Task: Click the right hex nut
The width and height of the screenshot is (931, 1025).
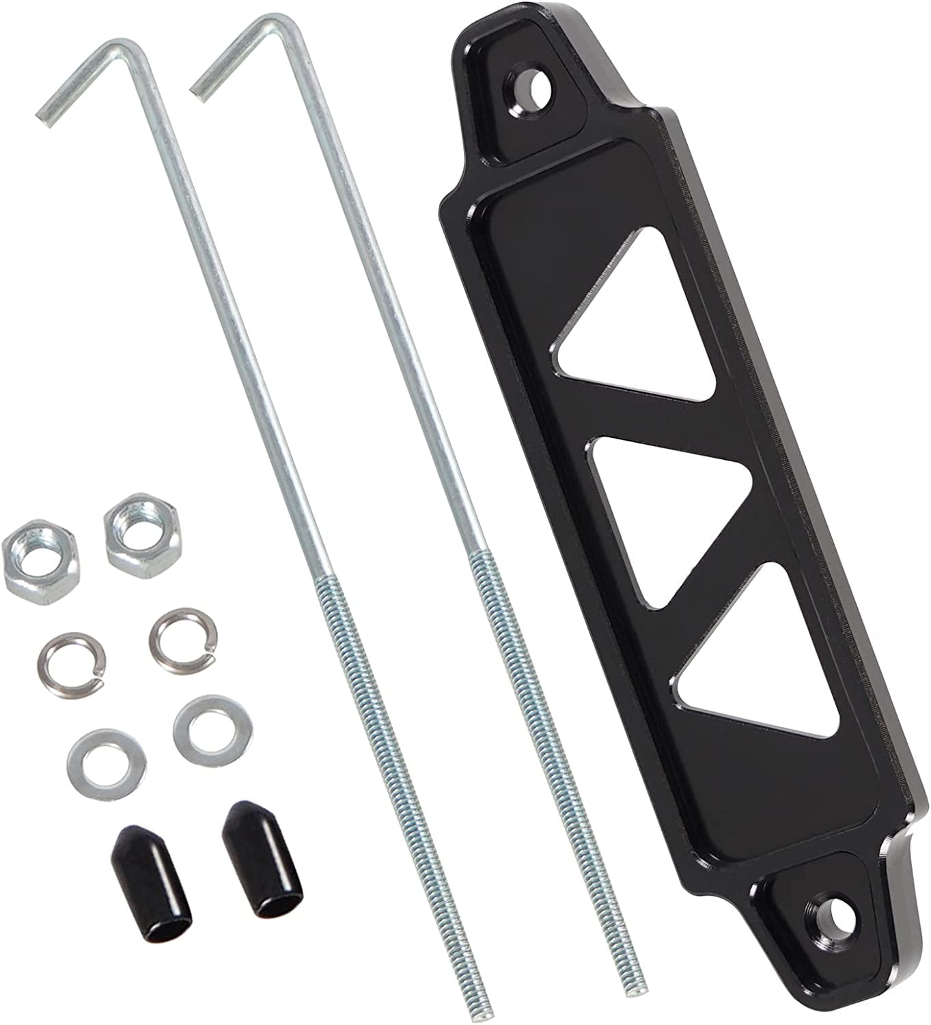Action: click(142, 529)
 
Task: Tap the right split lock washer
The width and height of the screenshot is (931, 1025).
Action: click(182, 629)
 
